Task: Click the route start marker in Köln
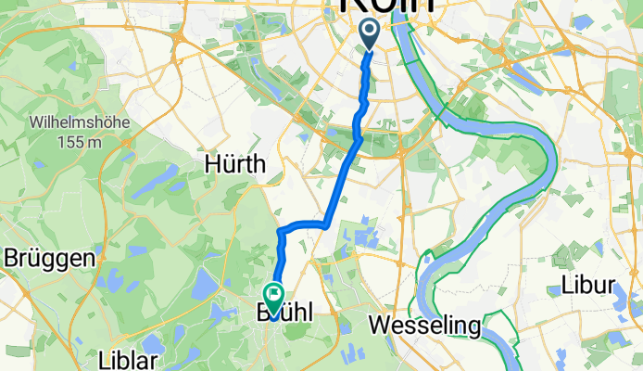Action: tap(370, 34)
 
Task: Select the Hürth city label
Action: tap(235, 164)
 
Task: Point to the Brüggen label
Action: tap(51, 258)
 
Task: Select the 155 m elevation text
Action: tap(79, 142)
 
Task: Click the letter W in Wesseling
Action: tap(379, 326)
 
